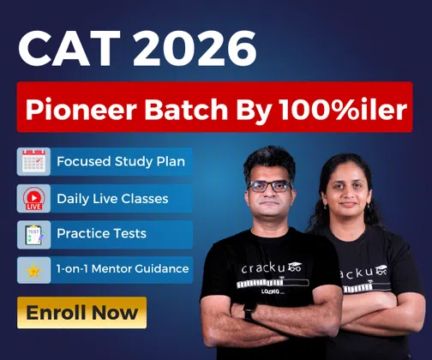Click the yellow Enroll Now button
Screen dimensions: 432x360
pyautogui.click(x=81, y=313)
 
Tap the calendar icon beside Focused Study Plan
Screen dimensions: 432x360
pyautogui.click(x=33, y=161)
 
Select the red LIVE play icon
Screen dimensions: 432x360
pyautogui.click(x=34, y=199)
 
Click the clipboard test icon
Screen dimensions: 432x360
pyautogui.click(x=34, y=235)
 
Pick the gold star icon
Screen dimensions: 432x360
pyautogui.click(x=33, y=271)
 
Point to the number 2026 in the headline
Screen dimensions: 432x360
pyautogui.click(x=195, y=49)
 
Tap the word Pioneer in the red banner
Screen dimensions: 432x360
pyautogui.click(x=81, y=110)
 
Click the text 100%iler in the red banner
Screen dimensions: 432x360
pyautogui.click(x=342, y=110)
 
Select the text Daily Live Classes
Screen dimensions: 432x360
pyautogui.click(x=112, y=199)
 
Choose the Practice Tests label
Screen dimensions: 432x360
pyautogui.click(x=101, y=233)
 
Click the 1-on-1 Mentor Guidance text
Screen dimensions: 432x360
pyautogui.click(x=123, y=268)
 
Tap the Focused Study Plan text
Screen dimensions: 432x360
pyautogui.click(x=121, y=162)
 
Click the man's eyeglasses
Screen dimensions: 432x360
pyautogui.click(x=269, y=186)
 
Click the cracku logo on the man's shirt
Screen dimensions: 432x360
pyautogui.click(x=271, y=267)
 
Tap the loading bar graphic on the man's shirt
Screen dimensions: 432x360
pyautogui.click(x=273, y=284)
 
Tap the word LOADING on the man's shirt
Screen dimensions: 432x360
pyautogui.click(x=273, y=291)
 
